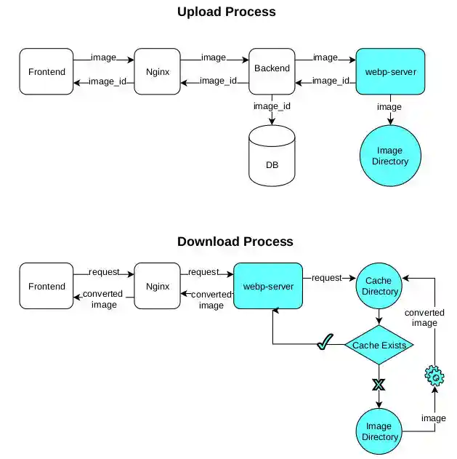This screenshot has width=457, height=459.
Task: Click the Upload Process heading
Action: click(227, 12)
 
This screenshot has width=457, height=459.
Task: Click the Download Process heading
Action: click(235, 242)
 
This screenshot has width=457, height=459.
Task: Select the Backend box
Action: click(272, 71)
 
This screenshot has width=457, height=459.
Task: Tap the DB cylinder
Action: click(272, 156)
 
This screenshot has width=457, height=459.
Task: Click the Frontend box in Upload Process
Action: click(46, 71)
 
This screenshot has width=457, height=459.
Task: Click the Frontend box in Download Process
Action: click(46, 286)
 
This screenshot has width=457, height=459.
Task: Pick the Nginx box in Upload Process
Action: click(157, 71)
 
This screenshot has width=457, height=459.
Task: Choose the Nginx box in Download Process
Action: click(157, 286)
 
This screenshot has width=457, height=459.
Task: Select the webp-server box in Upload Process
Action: click(390, 71)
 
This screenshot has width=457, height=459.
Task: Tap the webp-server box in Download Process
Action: click(268, 286)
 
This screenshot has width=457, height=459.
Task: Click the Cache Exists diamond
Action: click(379, 345)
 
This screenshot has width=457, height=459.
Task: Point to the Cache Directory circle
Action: click(379, 286)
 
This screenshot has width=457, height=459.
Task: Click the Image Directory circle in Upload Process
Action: click(390, 156)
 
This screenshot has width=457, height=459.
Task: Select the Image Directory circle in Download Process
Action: click(379, 431)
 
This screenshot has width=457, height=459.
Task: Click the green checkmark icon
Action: click(325, 342)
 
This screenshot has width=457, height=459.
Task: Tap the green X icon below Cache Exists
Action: click(379, 384)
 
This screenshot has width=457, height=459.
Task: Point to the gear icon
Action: click(434, 376)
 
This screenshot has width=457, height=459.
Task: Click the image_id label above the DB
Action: click(272, 106)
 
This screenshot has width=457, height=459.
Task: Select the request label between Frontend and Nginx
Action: click(104, 272)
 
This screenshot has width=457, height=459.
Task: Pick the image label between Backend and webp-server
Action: click(325, 57)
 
